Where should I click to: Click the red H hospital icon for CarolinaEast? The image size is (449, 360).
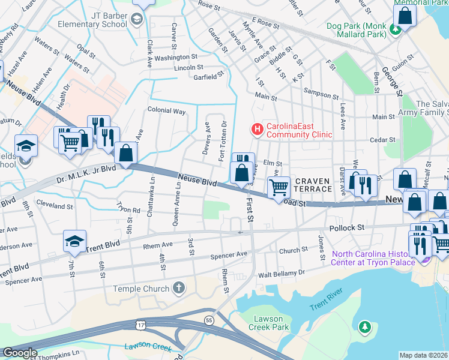257,128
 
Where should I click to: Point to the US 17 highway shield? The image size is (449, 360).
140,325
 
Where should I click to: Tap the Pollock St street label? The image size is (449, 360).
347,228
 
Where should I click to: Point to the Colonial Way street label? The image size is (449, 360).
166,111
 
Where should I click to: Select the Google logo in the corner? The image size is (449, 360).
20,353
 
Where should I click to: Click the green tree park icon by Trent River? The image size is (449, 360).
364,327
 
